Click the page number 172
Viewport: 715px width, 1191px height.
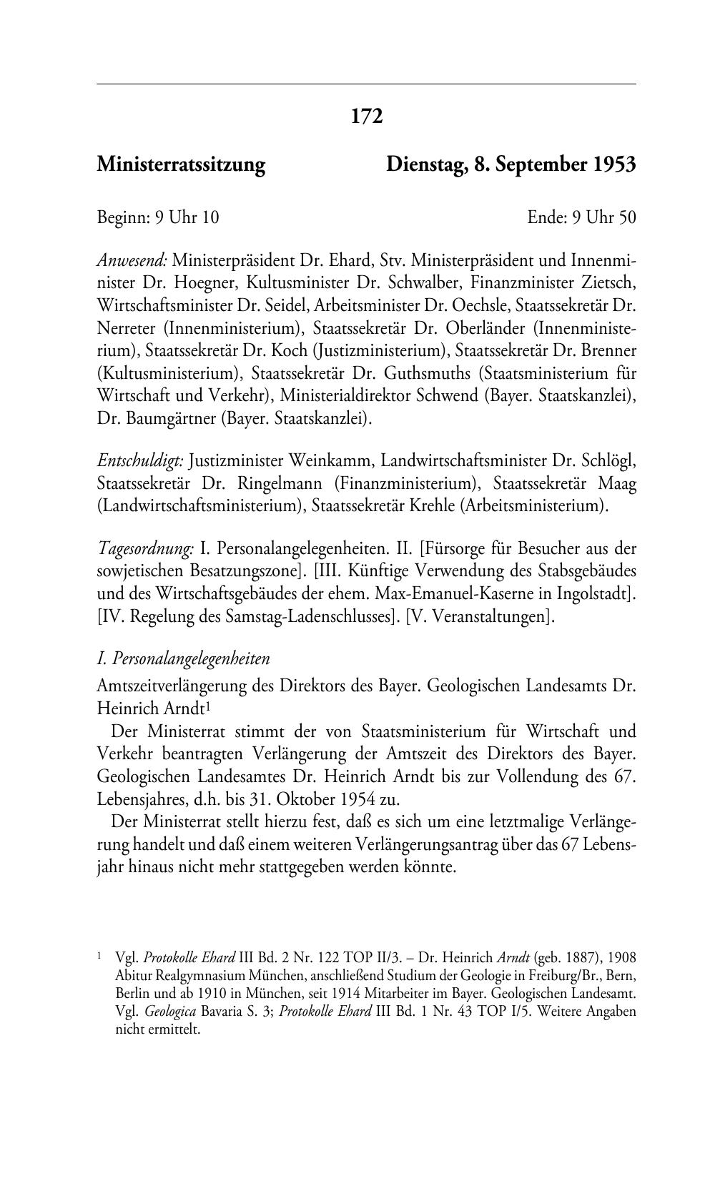(367, 116)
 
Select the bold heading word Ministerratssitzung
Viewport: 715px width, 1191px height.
(181, 165)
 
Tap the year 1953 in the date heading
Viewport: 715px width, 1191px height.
(613, 165)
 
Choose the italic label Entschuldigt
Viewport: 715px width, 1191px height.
(140, 461)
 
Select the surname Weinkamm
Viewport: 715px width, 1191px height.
(316, 461)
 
